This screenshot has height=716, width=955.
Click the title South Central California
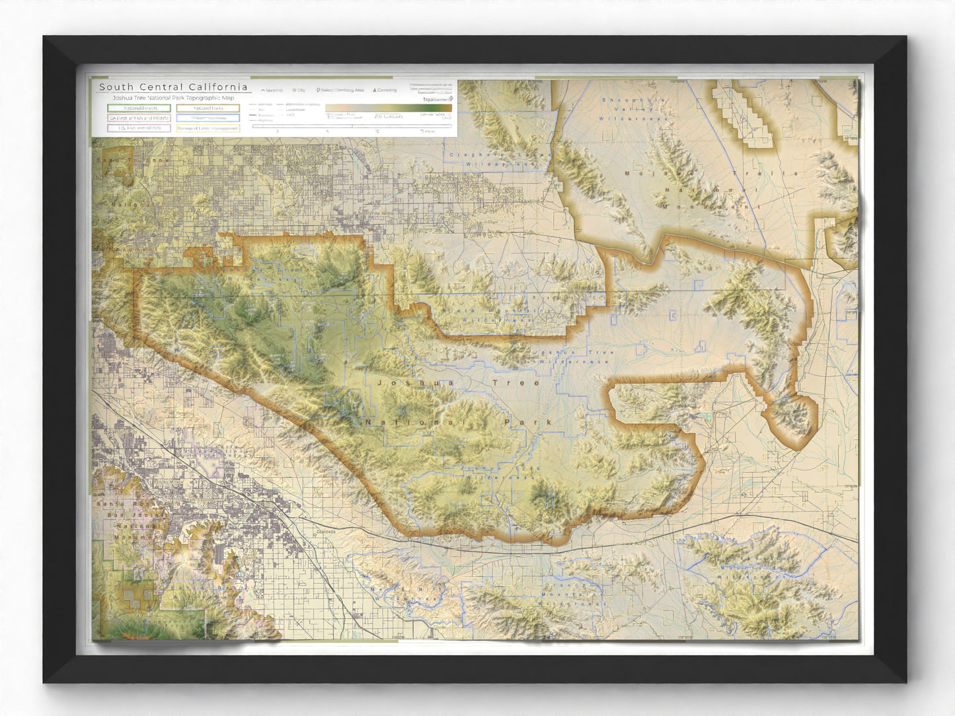click(x=173, y=87)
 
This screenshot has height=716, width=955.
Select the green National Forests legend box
click(x=139, y=108)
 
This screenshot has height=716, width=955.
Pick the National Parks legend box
click(x=208, y=108)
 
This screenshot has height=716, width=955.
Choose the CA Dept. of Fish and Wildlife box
click(x=139, y=118)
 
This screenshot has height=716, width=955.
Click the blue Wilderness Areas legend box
click(x=208, y=118)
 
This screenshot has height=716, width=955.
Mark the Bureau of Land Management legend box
click(x=208, y=128)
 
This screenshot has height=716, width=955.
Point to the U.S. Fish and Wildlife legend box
click(x=139, y=128)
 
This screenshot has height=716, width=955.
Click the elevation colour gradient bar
click(x=388, y=108)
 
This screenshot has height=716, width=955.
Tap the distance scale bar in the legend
click(x=352, y=126)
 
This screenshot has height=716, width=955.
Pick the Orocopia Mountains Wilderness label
click(x=574, y=594)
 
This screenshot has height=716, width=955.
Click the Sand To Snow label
click(x=133, y=161)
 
